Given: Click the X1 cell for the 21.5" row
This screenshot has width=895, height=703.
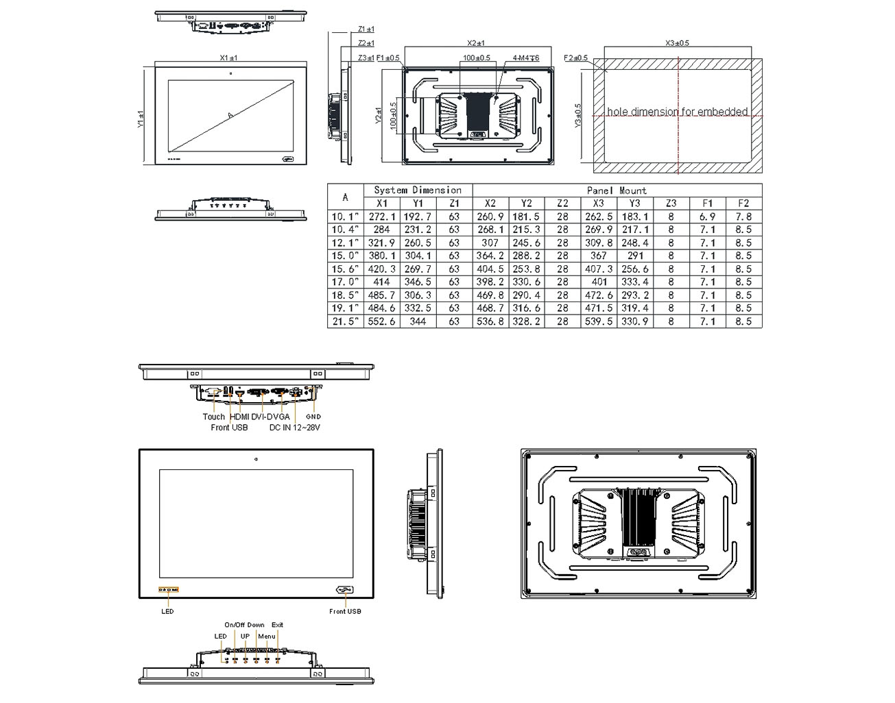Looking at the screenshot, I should point(381,321).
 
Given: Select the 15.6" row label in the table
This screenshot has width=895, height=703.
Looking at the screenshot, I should point(345,269).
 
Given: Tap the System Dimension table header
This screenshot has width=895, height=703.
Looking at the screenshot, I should point(417,190).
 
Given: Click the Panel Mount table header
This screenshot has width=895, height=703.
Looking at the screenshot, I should point(617,190).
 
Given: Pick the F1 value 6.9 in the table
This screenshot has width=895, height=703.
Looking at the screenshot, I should point(707,217).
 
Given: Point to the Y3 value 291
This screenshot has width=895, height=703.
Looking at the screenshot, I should point(634,256).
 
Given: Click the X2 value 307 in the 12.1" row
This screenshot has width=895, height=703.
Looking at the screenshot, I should point(490,243).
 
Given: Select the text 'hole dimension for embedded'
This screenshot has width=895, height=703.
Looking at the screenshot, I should point(677,112).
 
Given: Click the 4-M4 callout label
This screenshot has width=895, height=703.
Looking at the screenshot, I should point(525,58).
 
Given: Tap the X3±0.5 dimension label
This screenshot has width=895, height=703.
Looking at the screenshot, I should point(677,42).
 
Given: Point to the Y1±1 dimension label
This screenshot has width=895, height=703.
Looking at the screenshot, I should point(141,120).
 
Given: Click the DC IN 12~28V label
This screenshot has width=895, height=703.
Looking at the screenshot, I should point(294,428).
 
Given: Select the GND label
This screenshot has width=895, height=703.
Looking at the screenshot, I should point(313,417).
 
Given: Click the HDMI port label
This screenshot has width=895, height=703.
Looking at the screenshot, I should point(239,417).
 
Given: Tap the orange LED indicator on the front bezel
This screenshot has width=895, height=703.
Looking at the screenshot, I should point(169,589).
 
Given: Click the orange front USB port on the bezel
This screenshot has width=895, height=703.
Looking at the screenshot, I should point(344,590).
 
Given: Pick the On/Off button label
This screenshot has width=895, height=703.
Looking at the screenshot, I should point(235,625).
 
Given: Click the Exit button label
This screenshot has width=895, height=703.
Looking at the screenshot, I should point(277,625).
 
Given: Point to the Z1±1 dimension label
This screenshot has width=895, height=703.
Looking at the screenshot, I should point(366,29).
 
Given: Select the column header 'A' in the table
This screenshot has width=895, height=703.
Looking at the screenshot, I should point(345,197).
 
